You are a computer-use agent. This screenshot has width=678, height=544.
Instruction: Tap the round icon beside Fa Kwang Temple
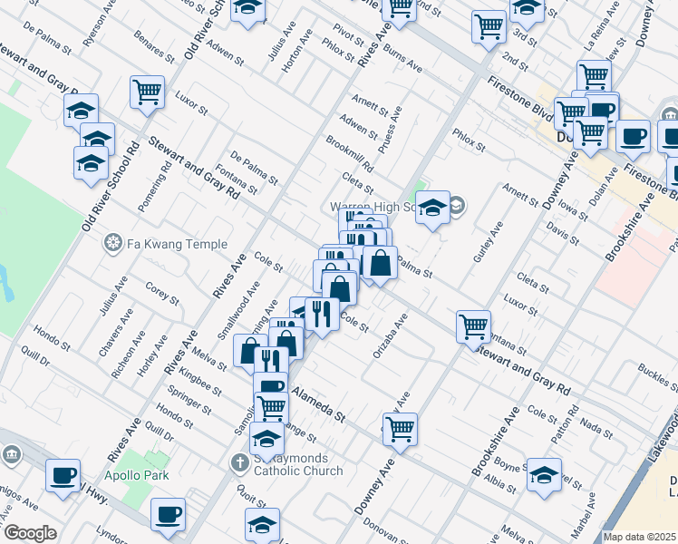coord(113,243)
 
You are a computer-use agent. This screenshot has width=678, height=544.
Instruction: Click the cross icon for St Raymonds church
coord(240,463)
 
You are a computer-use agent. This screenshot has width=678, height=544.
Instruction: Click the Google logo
coord(29,533)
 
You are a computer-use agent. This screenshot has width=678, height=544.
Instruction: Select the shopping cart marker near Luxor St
coord(147,92)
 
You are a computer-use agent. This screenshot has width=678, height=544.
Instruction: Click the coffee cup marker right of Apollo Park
coord(168,515)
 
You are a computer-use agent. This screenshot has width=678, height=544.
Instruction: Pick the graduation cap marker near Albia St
coord(544,474)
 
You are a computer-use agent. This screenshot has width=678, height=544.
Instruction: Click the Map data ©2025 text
coord(639,537)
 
